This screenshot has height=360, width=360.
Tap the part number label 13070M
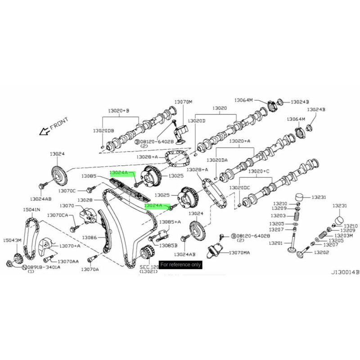[183, 102]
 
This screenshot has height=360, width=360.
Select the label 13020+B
[118, 110]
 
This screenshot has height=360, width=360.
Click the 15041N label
[31, 210]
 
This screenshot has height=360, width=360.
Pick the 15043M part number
[12, 241]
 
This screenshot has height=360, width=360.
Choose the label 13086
[90, 237]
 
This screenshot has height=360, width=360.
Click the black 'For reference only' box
[180, 265]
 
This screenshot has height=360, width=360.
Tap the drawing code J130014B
[345, 272]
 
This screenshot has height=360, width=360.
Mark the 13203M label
[344, 235]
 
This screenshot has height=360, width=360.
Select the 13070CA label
[58, 215]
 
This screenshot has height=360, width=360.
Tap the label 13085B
[169, 245]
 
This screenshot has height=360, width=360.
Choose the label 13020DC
[239, 187]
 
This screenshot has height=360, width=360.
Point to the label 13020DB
[103, 130]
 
